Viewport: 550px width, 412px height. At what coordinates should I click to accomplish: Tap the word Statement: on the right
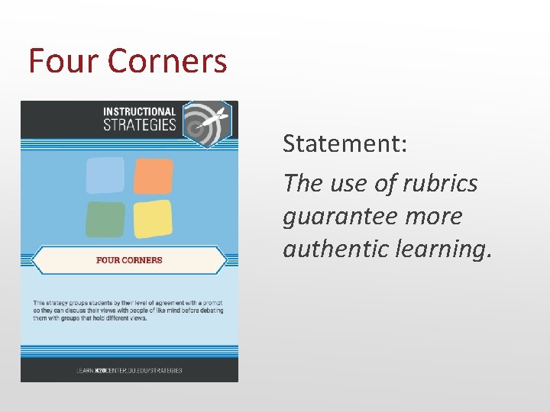345,143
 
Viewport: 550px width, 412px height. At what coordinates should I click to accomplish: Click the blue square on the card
105,175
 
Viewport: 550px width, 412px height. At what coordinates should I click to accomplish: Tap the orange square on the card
153,175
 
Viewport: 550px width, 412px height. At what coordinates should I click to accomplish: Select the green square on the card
105,220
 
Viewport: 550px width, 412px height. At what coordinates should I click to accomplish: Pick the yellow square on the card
153,220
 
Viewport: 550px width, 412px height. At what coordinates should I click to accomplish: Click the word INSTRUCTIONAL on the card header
139,112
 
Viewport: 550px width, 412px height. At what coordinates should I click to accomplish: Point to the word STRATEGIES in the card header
139,125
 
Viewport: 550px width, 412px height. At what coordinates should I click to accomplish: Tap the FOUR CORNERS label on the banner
129,260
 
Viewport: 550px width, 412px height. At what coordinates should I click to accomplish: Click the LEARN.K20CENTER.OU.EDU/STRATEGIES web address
129,370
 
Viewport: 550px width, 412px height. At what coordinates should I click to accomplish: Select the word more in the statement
435,216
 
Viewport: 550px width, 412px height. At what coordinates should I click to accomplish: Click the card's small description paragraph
126,311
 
